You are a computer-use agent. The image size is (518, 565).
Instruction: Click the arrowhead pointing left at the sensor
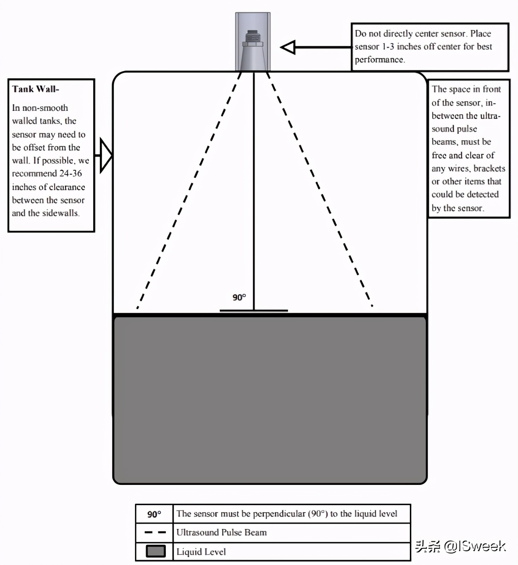pyautogui.click(x=288, y=47)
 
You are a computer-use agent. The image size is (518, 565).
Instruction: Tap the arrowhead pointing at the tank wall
pyautogui.click(x=106, y=155)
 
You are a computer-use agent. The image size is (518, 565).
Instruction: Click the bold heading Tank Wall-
pyautogui.click(x=36, y=89)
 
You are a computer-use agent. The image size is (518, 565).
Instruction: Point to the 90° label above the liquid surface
pyautogui.click(x=239, y=297)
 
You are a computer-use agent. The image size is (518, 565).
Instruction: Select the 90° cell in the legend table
pyautogui.click(x=154, y=514)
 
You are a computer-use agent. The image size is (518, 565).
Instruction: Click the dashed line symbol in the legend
pyautogui.click(x=155, y=532)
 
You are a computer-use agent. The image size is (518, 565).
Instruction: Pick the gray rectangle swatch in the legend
pyautogui.click(x=156, y=551)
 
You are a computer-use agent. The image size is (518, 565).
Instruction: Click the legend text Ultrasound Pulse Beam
pyautogui.click(x=221, y=532)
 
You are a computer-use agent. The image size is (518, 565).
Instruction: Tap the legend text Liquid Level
pyautogui.click(x=201, y=552)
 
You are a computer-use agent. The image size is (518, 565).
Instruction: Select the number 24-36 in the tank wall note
pyautogui.click(x=70, y=173)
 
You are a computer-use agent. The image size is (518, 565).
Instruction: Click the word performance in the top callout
pyautogui.click(x=379, y=59)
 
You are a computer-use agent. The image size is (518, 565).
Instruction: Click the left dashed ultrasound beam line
pyautogui.click(x=189, y=190)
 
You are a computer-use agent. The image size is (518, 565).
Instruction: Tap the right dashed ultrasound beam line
pyautogui.click(x=318, y=190)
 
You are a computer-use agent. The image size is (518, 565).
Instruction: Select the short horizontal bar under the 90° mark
pyautogui.click(x=254, y=311)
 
